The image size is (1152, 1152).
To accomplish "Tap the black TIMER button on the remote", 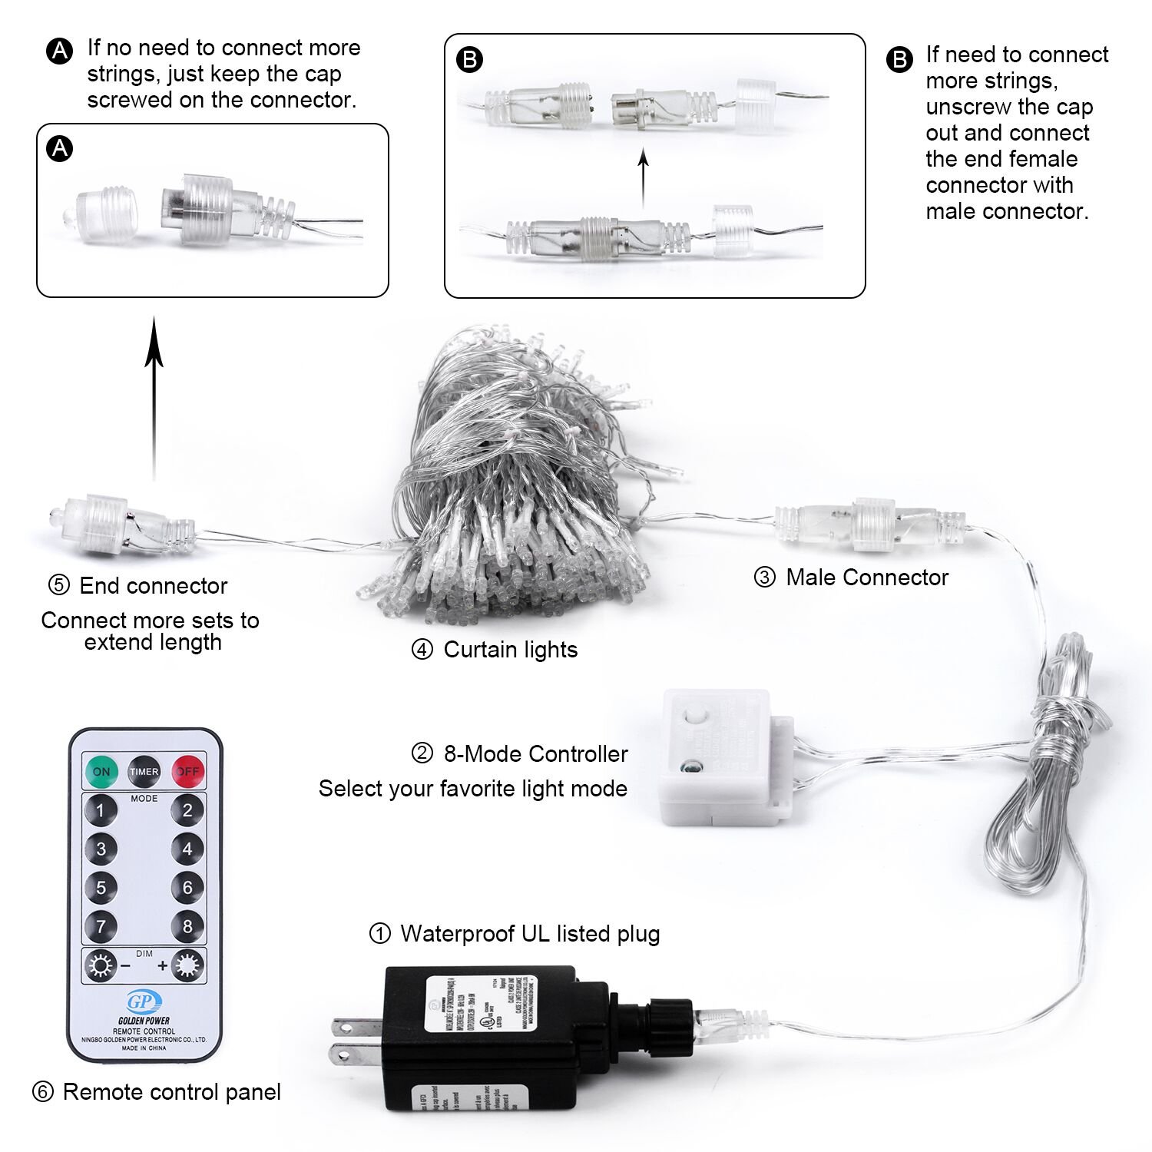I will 144,771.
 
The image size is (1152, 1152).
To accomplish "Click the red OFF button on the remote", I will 188,771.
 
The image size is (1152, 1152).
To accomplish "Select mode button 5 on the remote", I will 101,887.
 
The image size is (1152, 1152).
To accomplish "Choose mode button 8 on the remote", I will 187,925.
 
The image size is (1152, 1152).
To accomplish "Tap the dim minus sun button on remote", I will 101,965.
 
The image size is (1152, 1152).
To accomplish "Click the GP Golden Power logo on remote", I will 144,1003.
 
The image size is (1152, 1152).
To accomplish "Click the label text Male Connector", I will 866,578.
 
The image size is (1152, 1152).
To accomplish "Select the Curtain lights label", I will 510,650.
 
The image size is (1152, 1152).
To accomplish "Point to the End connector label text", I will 153,586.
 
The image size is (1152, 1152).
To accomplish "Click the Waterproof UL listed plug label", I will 530,934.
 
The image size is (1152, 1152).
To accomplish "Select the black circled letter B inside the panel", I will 469,60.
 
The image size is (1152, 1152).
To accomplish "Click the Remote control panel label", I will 171,1092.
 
